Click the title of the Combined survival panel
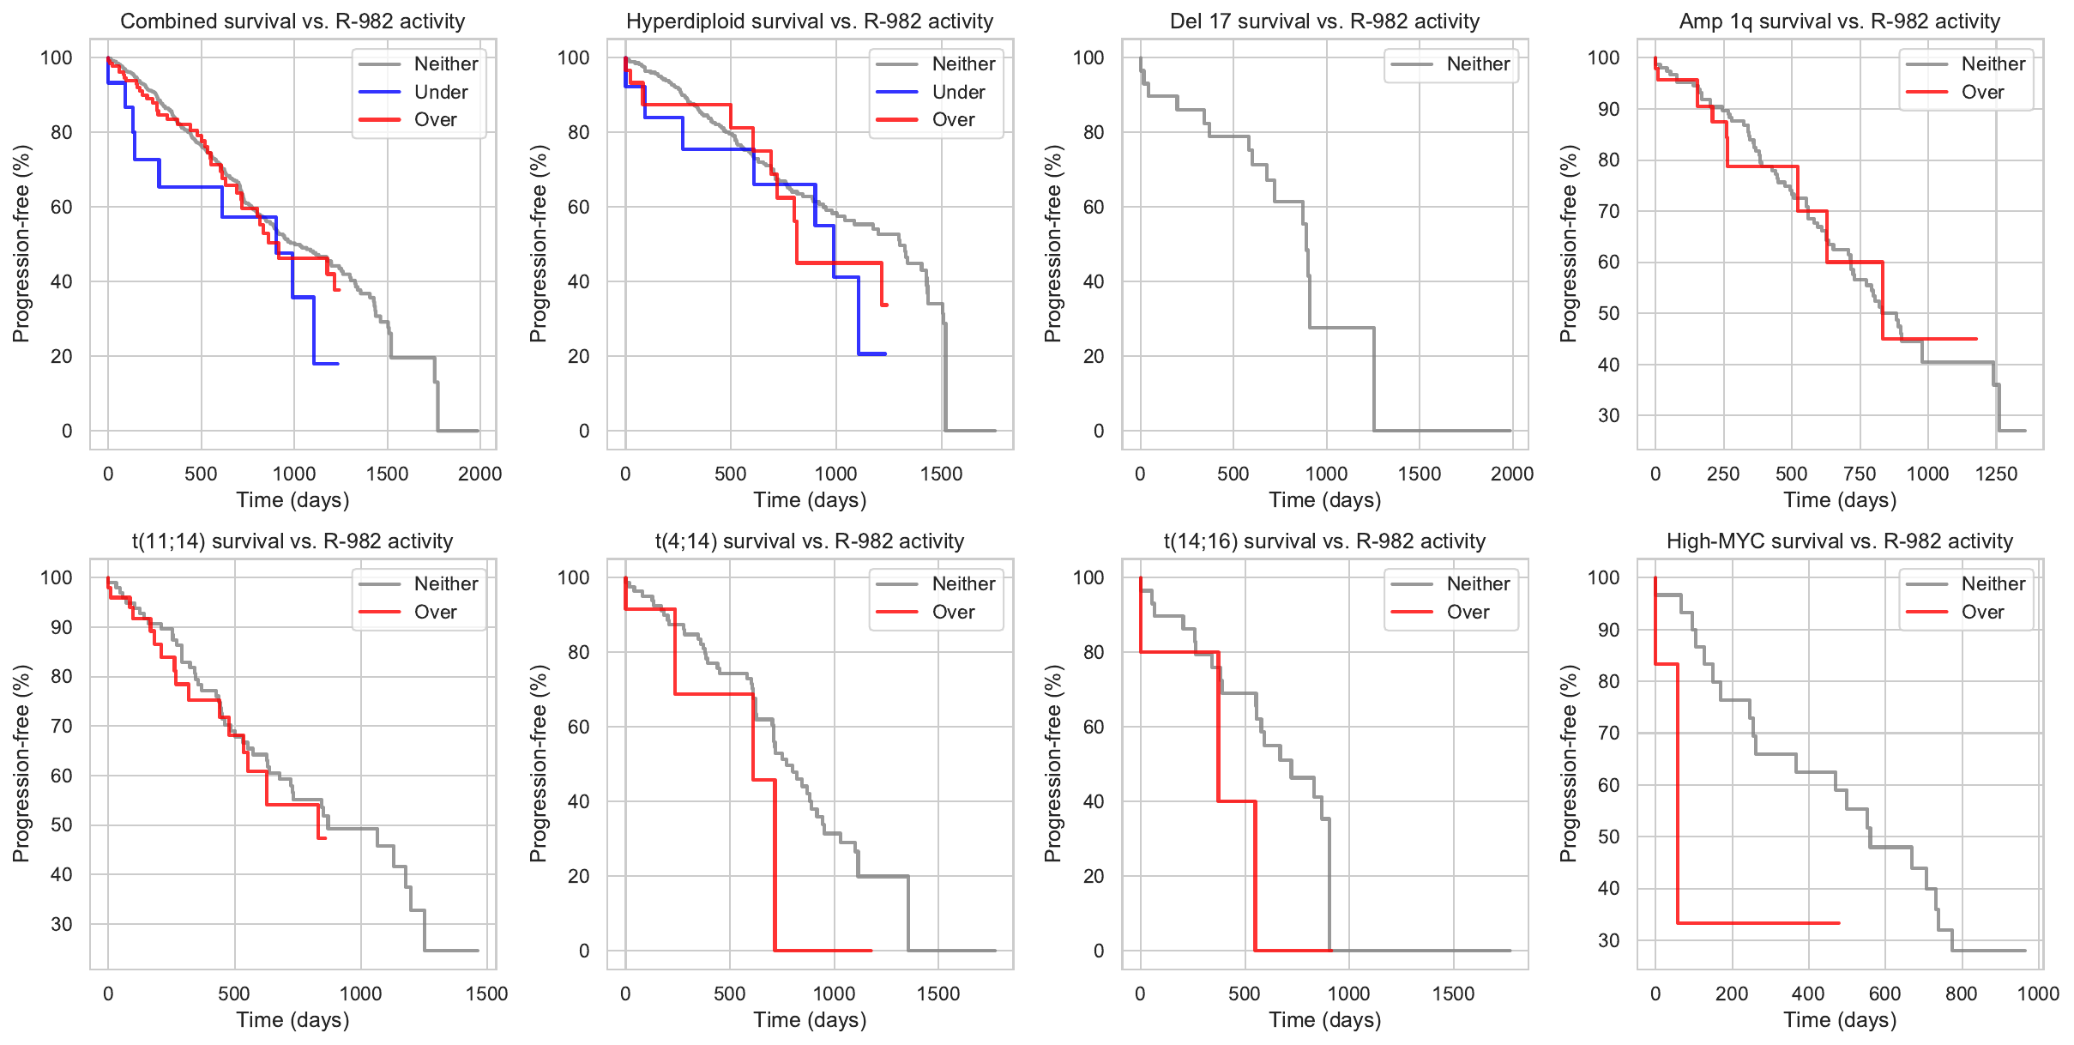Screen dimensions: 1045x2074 292,21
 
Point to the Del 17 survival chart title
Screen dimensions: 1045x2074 1324,21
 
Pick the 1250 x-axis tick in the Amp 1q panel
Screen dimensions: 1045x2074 1996,474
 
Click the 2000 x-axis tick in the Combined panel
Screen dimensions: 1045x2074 479,474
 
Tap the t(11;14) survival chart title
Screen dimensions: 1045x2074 292,541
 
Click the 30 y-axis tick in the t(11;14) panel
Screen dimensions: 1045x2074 62,924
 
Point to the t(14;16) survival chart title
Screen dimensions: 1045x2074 1324,541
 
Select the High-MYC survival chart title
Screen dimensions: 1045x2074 1839,541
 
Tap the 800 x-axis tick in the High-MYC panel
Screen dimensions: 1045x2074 1961,994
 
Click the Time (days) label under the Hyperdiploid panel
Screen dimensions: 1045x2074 810,500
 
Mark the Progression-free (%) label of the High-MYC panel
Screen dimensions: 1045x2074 1568,764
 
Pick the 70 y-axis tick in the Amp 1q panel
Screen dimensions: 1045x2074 1607,211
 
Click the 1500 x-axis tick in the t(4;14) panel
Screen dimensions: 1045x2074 938,994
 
